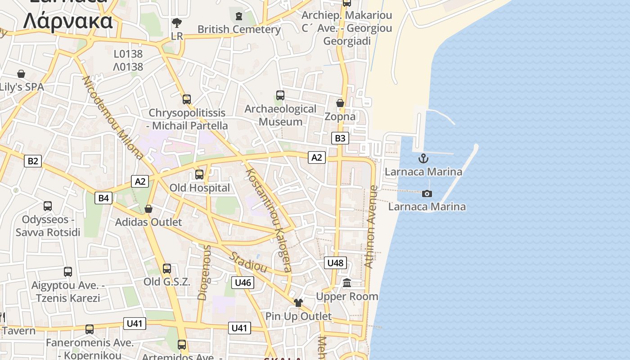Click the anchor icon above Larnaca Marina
[423, 158]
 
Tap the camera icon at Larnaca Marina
[427, 193]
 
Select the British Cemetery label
[239, 29]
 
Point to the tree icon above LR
[177, 23]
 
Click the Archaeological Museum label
[280, 115]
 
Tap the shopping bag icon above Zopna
[340, 103]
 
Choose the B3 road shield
[340, 138]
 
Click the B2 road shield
[33, 161]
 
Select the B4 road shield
[103, 198]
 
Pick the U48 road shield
[336, 263]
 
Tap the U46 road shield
[243, 283]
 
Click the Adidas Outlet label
[148, 222]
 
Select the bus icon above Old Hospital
[199, 174]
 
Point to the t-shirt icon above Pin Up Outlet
[298, 303]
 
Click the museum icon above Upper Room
[347, 283]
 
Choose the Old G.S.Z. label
[167, 282]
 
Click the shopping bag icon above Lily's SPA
[21, 74]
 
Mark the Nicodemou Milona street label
[113, 117]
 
